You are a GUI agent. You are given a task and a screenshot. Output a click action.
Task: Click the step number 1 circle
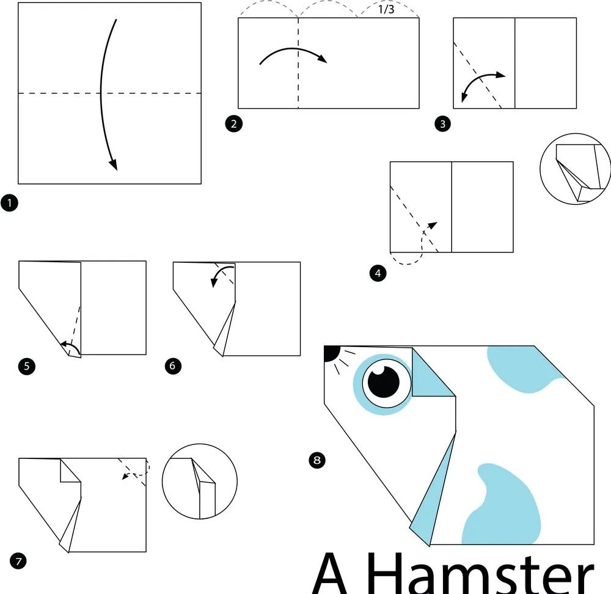9,203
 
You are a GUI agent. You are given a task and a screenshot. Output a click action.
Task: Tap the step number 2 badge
234,124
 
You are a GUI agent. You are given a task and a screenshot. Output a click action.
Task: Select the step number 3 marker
442,124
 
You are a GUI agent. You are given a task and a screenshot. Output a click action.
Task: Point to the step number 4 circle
378,273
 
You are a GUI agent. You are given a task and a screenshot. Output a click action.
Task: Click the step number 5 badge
27,367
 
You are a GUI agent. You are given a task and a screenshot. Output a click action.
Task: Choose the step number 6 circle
173,365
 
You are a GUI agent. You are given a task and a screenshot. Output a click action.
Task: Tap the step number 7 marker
18,561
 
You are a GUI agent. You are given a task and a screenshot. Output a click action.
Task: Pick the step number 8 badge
316,460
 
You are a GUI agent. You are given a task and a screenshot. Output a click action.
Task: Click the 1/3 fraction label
386,9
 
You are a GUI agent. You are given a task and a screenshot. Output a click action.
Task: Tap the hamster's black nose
331,353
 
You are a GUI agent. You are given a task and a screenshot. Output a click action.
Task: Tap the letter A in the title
330,573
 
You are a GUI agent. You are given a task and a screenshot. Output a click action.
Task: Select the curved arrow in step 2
293,49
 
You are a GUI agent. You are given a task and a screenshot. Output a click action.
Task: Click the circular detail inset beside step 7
200,482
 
